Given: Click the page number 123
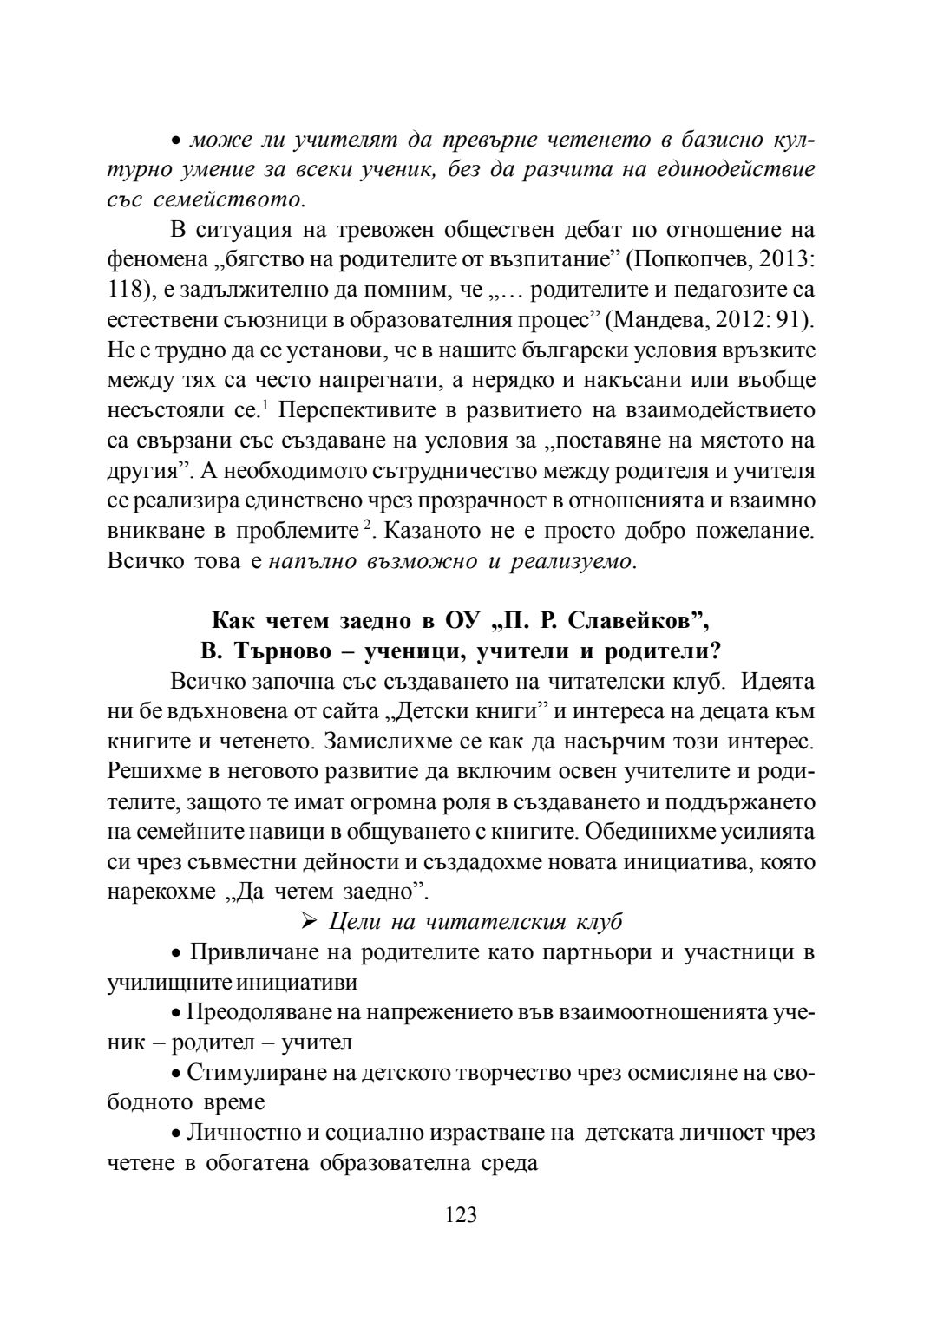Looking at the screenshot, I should (461, 1214).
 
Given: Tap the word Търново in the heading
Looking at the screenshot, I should (278, 650).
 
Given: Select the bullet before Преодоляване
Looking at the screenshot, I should (175, 1013).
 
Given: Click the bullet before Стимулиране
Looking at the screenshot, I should (175, 1074).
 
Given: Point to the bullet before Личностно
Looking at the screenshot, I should (175, 1134).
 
